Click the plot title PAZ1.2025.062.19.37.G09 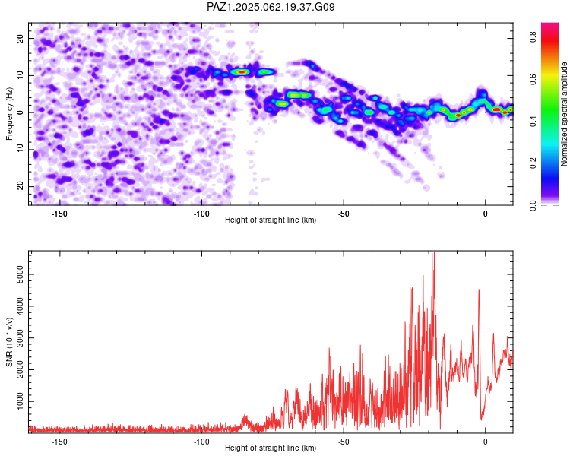[271, 7]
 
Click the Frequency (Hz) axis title [9, 114]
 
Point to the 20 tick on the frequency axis [21, 38]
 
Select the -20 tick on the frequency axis [21, 186]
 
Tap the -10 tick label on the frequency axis [21, 150]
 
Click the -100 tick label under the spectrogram [201, 214]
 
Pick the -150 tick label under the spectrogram [59, 214]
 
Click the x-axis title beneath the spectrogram [271, 220]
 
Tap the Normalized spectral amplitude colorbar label [564, 114]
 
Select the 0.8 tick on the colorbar [534, 36]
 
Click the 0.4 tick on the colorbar [534, 121]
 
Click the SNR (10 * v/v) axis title [9, 342]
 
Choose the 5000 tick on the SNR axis [21, 274]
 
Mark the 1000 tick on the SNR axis [21, 401]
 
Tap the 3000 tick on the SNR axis [21, 338]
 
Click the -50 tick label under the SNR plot [344, 442]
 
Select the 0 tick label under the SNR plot [486, 442]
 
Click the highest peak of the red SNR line [433, 252]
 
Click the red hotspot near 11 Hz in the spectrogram [242, 72]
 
